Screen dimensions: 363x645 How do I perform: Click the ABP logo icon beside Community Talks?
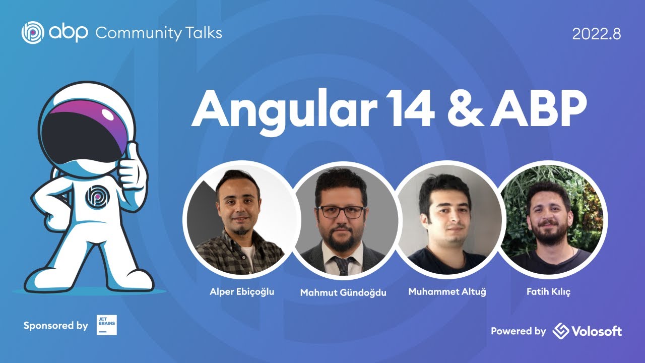click(x=33, y=33)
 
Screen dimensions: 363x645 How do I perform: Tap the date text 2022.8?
click(x=596, y=34)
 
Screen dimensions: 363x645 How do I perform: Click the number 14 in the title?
click(x=406, y=110)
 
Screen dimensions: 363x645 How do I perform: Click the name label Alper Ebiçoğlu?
click(x=242, y=291)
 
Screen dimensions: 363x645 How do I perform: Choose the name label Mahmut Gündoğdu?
click(x=343, y=292)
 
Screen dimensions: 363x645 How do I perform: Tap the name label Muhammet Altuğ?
click(x=447, y=291)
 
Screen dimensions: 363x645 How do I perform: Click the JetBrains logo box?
click(x=106, y=325)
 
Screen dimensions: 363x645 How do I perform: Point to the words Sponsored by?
click(x=55, y=326)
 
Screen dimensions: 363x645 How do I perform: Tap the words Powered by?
click(x=519, y=331)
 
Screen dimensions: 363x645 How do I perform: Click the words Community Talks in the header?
click(x=158, y=33)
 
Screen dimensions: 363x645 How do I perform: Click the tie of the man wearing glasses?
click(x=343, y=265)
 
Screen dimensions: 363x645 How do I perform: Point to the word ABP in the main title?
click(x=539, y=110)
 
